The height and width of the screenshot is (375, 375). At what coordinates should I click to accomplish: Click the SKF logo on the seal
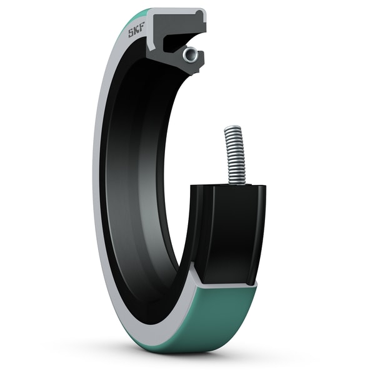click(136, 32)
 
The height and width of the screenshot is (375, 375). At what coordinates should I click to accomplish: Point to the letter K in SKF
click(136, 32)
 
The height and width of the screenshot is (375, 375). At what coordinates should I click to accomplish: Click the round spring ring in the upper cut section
click(189, 54)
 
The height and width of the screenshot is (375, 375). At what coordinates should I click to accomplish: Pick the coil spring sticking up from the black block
click(233, 153)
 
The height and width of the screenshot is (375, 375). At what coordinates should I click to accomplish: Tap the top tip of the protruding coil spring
click(231, 127)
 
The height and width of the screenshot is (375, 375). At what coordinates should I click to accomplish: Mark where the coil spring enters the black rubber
click(236, 182)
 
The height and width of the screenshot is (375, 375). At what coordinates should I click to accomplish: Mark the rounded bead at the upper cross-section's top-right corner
click(199, 12)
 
